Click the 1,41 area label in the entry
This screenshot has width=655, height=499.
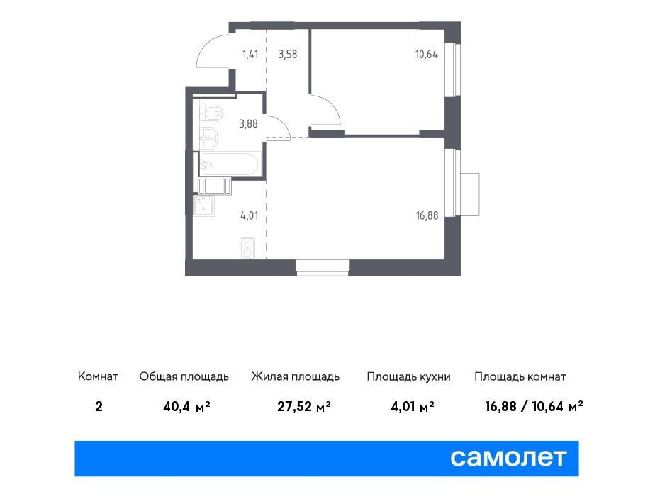click(250, 54)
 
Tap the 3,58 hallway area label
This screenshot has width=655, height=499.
click(288, 54)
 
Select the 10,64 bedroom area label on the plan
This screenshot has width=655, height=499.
click(427, 54)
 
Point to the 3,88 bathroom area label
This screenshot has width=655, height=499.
click(248, 123)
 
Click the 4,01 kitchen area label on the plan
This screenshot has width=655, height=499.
click(250, 215)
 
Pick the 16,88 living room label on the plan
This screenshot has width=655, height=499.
click(427, 215)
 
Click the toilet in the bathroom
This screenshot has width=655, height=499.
click(211, 113)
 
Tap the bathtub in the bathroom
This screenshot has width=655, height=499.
click(230, 164)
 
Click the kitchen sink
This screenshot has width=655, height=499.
click(204, 206)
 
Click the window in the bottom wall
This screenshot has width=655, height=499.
click(322, 268)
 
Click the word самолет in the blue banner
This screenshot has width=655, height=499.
click(508, 458)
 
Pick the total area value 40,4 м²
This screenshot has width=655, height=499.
click(186, 406)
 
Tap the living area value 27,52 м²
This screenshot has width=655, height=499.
click(304, 406)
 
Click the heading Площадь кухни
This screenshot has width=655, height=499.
click(408, 376)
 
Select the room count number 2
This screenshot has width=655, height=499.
click(99, 406)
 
